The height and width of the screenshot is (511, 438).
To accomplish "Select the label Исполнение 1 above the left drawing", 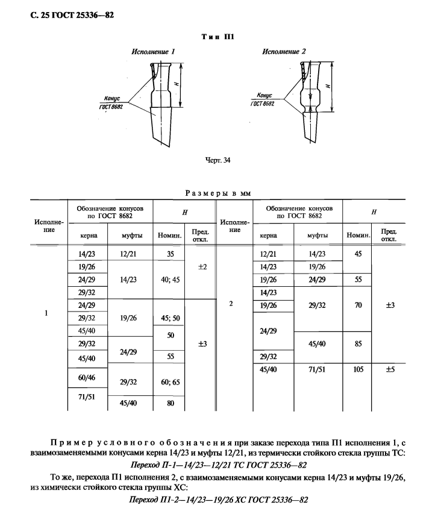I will coord(152,52).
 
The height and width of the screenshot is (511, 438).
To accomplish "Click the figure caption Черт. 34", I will coord(218,160).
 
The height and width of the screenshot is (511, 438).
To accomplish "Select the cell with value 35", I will coord(171,254).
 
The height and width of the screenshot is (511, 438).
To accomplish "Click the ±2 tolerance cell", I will coord(202,266).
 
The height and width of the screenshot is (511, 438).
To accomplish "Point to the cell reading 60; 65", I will coord(171,382).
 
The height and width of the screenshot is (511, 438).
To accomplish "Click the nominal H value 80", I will coord(171,403).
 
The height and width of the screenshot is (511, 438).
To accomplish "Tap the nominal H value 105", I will coord(358,369).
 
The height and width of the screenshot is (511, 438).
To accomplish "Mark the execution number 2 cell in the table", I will coord(231,304).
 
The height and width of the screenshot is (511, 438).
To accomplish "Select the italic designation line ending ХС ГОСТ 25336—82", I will coord(219,501).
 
